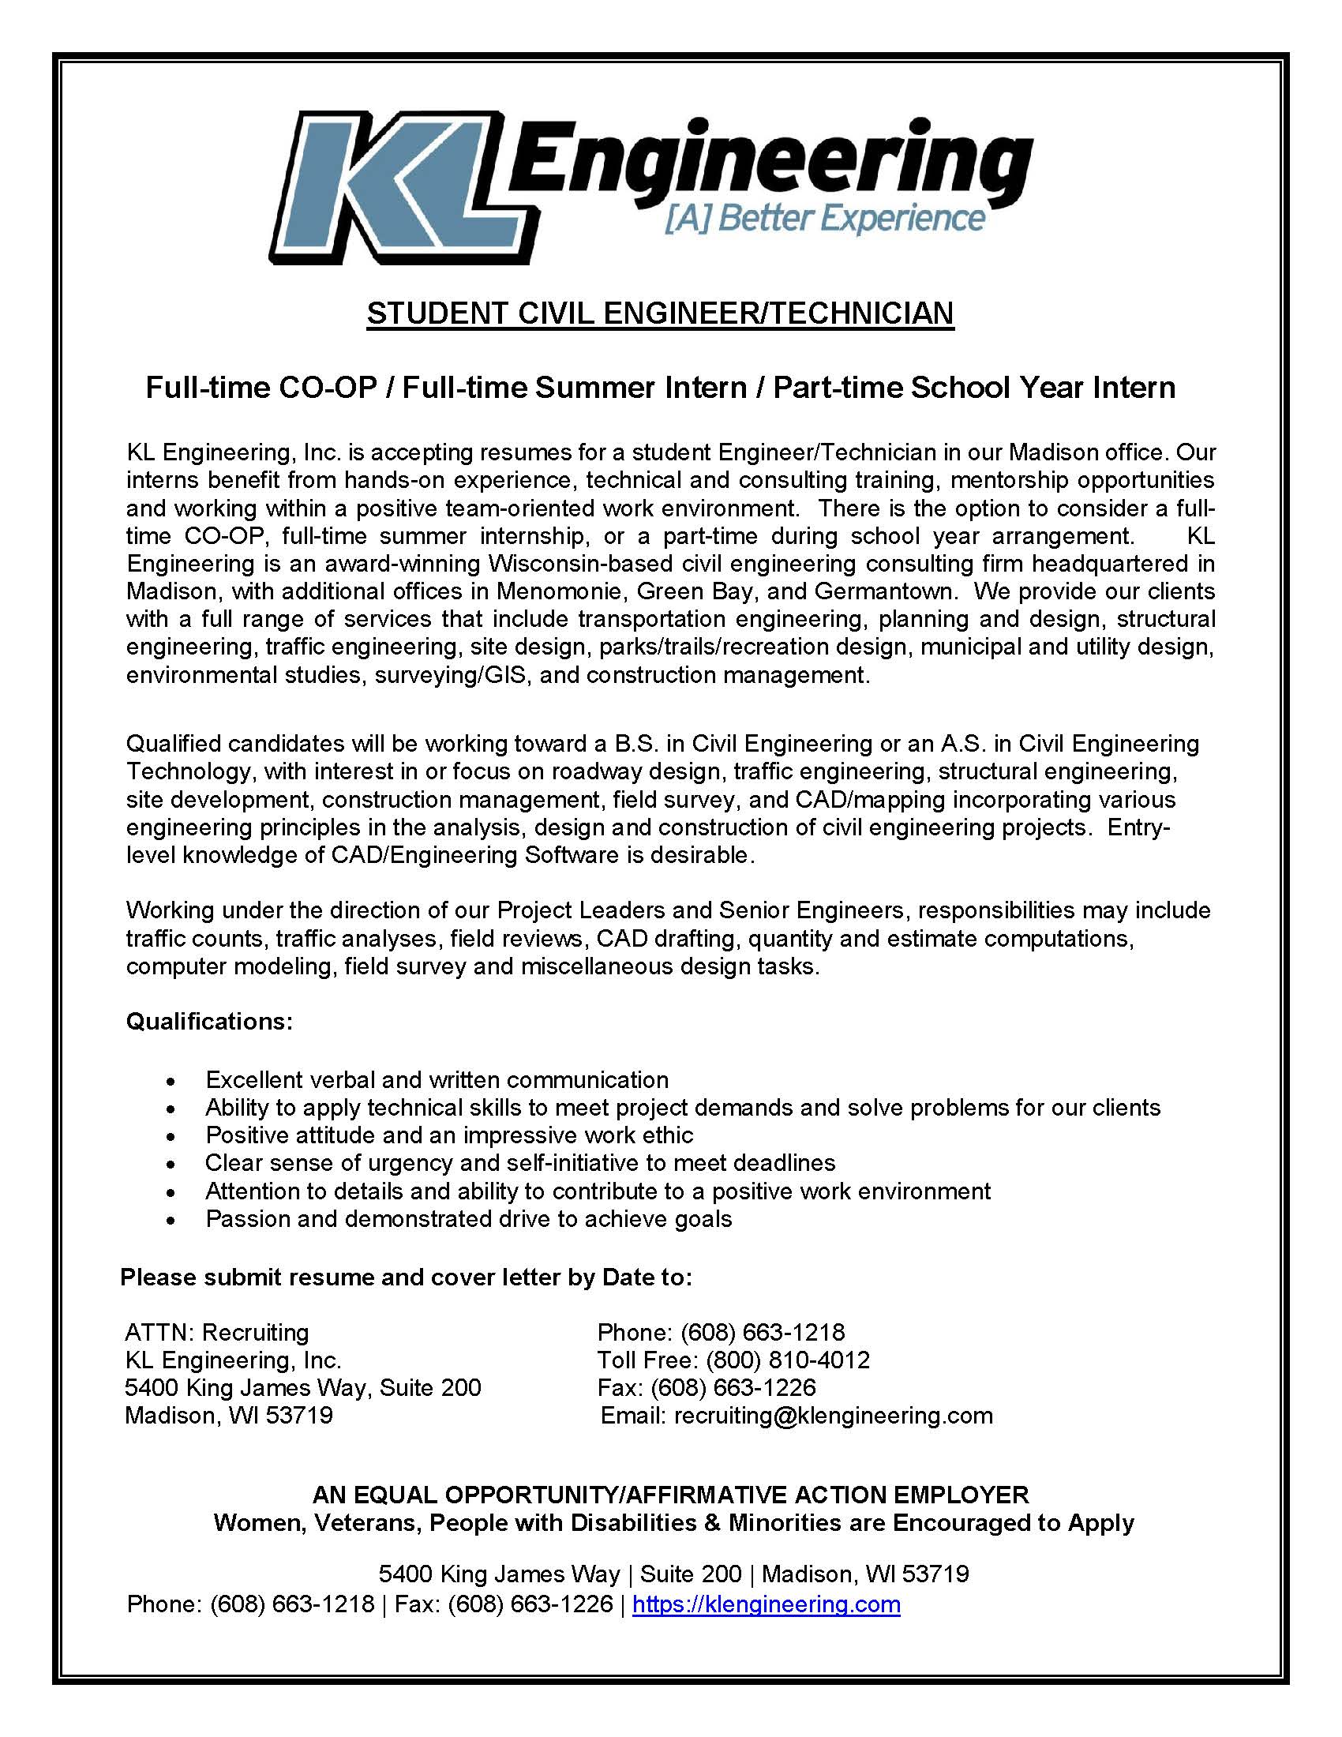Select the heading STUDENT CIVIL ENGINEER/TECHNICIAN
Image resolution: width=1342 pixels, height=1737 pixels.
tap(660, 313)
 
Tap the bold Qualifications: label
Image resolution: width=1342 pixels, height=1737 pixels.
tap(209, 1021)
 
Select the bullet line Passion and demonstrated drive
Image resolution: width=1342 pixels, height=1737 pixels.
tap(468, 1218)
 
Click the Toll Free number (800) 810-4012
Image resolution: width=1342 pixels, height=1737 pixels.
tap(787, 1360)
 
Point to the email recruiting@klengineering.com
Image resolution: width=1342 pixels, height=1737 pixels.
tap(833, 1416)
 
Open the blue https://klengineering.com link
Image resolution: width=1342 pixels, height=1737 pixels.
tap(766, 1604)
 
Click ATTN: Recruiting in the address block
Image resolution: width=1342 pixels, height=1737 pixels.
tap(217, 1332)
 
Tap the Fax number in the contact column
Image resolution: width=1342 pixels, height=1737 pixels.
tap(733, 1388)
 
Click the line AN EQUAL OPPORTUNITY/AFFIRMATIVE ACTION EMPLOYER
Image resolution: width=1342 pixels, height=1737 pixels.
tap(670, 1495)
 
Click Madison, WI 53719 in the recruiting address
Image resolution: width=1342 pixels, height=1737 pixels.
tap(229, 1416)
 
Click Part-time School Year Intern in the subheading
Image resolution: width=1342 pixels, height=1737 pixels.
tap(974, 388)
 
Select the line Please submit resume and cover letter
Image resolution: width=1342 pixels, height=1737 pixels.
tap(406, 1277)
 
